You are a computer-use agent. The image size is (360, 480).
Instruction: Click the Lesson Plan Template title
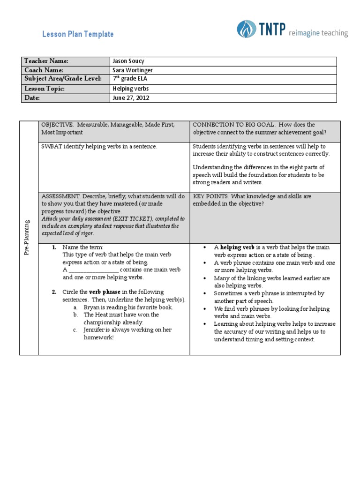tap(78, 34)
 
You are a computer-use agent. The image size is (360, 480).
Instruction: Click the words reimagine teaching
tap(318, 33)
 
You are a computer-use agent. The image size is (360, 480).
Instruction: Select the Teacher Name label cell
tap(46, 61)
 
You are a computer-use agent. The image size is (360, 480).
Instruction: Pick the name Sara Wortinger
tap(133, 70)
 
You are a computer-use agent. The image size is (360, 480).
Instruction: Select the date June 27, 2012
tap(131, 98)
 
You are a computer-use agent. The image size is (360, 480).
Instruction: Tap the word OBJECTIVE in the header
tap(57, 125)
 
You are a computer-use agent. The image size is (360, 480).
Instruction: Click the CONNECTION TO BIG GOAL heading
tap(230, 125)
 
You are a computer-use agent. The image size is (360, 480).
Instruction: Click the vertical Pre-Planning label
tap(28, 237)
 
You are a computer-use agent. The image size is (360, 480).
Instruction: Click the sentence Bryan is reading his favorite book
tap(128, 307)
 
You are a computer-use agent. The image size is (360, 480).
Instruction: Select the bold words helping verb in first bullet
tap(237, 247)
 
